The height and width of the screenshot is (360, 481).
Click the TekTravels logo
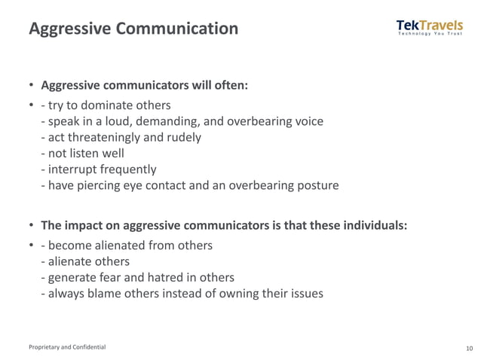(x=429, y=28)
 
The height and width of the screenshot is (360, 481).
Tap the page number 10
(x=470, y=348)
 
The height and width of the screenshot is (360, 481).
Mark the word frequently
(x=130, y=169)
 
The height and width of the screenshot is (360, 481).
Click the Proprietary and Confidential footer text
(x=67, y=347)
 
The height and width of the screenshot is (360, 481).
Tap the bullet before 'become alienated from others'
(x=31, y=246)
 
